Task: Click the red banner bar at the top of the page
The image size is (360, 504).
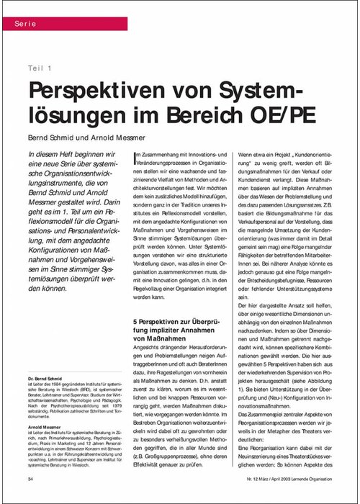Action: (180, 24)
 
